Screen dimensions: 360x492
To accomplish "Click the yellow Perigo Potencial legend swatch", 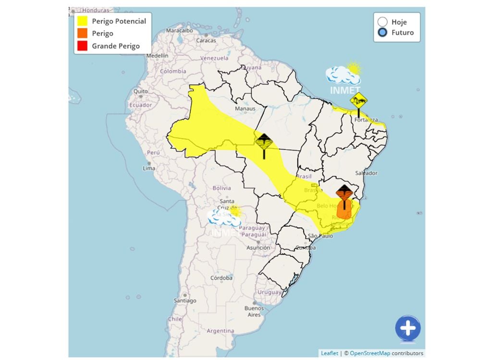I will pyautogui.click(x=82, y=21).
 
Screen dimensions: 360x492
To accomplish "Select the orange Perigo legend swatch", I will pyautogui.click(x=82, y=34).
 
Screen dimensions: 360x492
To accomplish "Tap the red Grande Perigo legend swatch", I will pyautogui.click(x=82, y=46).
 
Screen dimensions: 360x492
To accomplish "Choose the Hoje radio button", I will pyautogui.click(x=382, y=22).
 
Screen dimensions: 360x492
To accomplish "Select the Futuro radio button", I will pyautogui.click(x=382, y=33).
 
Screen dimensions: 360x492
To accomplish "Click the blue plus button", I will pyautogui.click(x=408, y=329).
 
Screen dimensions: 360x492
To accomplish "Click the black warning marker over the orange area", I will pyautogui.click(x=344, y=195).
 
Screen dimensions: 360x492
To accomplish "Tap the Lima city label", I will pyautogui.click(x=149, y=168).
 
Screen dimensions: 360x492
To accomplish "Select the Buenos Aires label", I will pyautogui.click(x=254, y=311).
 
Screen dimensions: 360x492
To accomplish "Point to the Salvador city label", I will pyautogui.click(x=366, y=173).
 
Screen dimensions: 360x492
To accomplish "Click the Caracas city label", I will pyautogui.click(x=206, y=40).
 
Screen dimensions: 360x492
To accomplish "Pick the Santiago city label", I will pyautogui.click(x=185, y=300).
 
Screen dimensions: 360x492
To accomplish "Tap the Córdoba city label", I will pyautogui.click(x=221, y=278).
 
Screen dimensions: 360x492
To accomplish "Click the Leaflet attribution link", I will pyautogui.click(x=329, y=353).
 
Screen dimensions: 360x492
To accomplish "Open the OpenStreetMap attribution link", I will pyautogui.click(x=369, y=353).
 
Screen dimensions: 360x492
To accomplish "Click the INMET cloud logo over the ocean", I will pyautogui.click(x=344, y=77).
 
